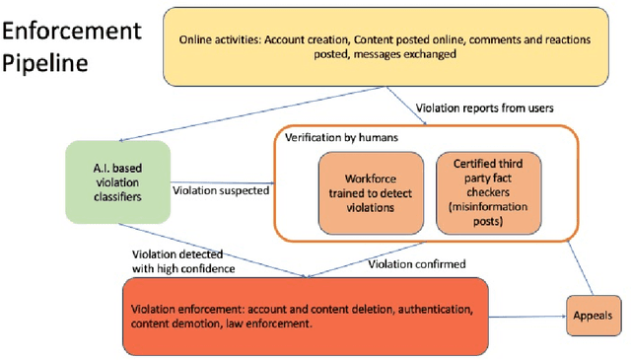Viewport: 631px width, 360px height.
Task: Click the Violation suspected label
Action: click(221, 190)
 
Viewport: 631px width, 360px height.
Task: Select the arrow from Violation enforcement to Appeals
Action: click(527, 316)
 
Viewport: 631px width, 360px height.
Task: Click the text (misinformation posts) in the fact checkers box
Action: click(480, 213)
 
